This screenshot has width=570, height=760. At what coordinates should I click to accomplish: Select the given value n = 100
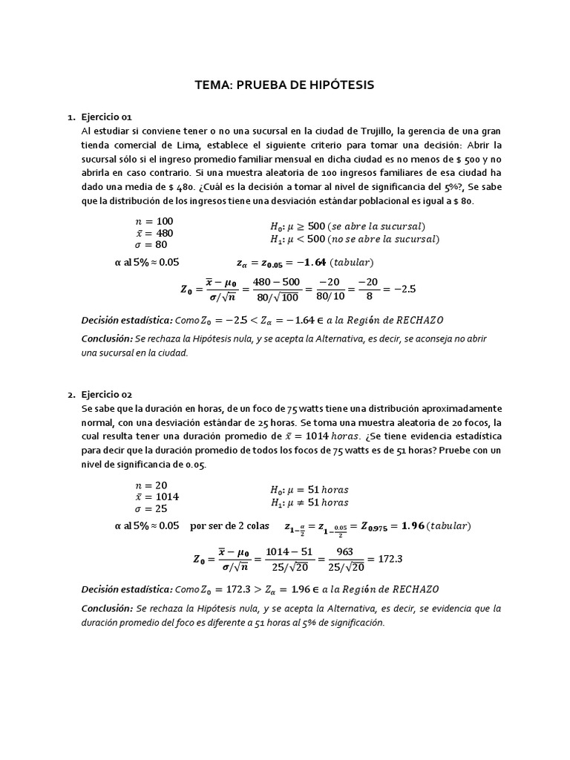(x=154, y=221)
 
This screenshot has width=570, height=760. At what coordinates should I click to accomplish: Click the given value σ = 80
(x=151, y=245)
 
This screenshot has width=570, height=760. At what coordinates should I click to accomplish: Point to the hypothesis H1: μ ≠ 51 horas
(x=309, y=502)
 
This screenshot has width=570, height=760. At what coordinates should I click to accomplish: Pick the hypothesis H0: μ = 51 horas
(x=309, y=490)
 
